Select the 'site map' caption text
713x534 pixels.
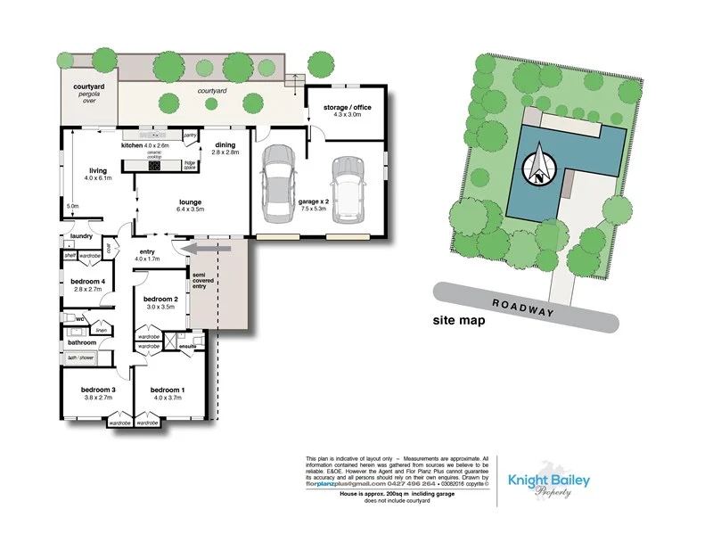tap(459, 320)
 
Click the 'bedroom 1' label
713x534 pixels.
tap(168, 390)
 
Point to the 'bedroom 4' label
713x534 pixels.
tap(87, 282)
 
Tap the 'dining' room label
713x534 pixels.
tap(225, 144)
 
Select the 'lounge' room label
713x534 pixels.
tap(190, 202)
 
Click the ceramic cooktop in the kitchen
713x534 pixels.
tap(154, 164)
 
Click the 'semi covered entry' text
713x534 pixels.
tap(204, 279)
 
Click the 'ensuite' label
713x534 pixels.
tap(187, 346)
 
